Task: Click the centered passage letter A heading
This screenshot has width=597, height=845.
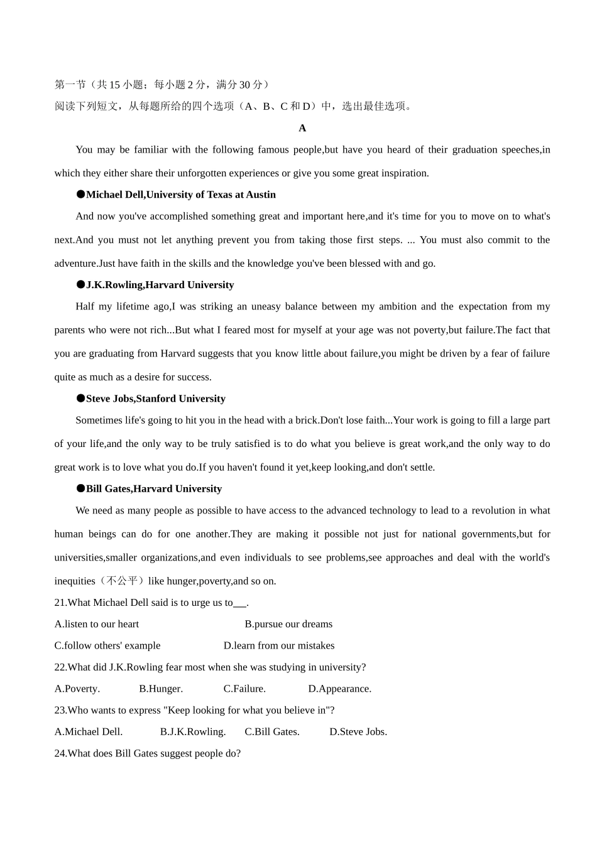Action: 302,128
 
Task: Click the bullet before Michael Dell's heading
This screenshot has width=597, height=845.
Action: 80,195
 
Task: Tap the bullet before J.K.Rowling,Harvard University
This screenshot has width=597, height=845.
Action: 80,285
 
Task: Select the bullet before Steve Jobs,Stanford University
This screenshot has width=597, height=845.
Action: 80,399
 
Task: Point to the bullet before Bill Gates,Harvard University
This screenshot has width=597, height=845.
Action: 80,489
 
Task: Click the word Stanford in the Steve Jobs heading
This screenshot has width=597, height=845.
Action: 156,399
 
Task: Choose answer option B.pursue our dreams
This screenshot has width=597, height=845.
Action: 288,624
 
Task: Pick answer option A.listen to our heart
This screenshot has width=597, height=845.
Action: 97,624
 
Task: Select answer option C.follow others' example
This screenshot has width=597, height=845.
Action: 107,645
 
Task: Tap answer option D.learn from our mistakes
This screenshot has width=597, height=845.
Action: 279,645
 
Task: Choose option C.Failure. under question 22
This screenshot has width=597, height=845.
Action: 244,689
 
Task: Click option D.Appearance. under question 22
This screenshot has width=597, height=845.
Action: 339,689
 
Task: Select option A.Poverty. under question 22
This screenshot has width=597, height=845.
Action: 77,689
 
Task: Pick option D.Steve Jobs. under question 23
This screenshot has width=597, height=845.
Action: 358,732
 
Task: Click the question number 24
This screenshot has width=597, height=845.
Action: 60,753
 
